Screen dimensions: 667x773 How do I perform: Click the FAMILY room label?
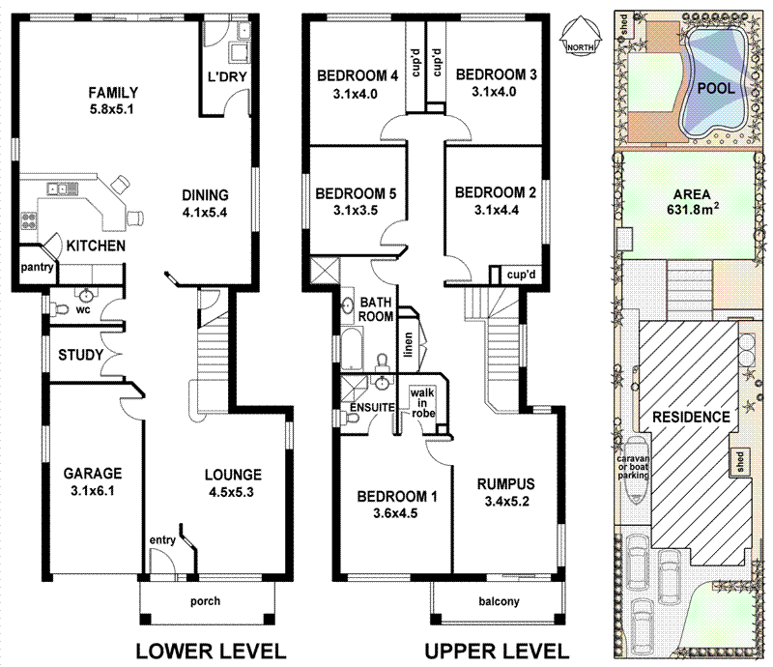click(113, 93)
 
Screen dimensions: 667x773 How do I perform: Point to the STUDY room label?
click(80, 355)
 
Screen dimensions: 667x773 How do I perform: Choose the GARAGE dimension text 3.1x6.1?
click(93, 491)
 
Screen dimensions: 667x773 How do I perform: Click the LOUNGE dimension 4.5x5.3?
click(233, 492)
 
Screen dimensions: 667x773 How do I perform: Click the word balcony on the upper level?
click(499, 601)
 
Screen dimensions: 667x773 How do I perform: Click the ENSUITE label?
click(371, 407)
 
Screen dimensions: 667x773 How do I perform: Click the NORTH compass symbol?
click(580, 41)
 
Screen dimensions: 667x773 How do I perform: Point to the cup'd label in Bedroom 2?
click(520, 275)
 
